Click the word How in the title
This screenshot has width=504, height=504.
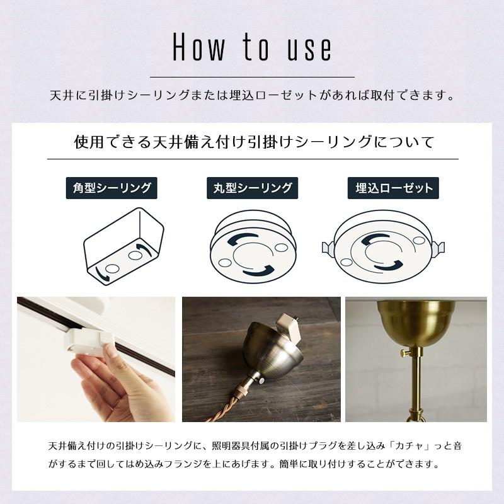click(x=198, y=47)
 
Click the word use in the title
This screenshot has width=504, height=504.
click(x=309, y=47)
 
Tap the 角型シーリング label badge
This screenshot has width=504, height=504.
click(x=112, y=188)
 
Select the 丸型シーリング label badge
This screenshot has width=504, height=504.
click(x=252, y=188)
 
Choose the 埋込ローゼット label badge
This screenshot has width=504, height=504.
click(x=394, y=188)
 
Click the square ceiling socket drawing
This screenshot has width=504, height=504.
click(x=123, y=246)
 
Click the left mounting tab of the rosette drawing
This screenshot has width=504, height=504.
click(x=326, y=248)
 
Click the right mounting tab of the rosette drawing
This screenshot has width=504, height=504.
click(x=439, y=248)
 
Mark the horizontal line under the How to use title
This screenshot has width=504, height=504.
click(x=252, y=77)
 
